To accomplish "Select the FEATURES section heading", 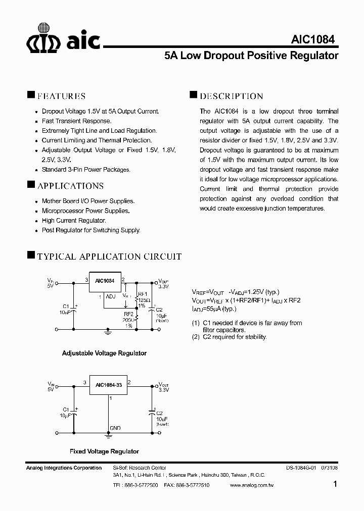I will pos(61,96).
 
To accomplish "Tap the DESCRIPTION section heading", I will pos(231,96).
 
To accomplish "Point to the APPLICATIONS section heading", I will pos(70,186).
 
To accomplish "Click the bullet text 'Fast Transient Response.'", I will pos(76,121).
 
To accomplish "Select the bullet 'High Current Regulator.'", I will pos(74,221).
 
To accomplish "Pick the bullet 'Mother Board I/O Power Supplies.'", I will pos(88,201).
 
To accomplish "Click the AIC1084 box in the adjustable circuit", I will pos(104,284).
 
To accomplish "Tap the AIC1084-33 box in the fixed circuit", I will pos(108,385).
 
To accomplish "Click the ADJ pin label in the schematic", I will pos(111,297).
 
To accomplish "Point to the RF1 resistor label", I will pos(143,294).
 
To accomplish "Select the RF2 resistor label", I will pos(128,314).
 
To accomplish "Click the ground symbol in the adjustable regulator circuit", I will pos(108,331).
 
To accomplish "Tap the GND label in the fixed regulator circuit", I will pos(115,428).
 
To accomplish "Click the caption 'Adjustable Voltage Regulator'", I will pos(104,353).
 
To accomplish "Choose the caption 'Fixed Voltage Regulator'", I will pos(104,451).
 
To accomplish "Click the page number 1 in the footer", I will pos(336,484).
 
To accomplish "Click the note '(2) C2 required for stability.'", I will pos(229,337).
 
